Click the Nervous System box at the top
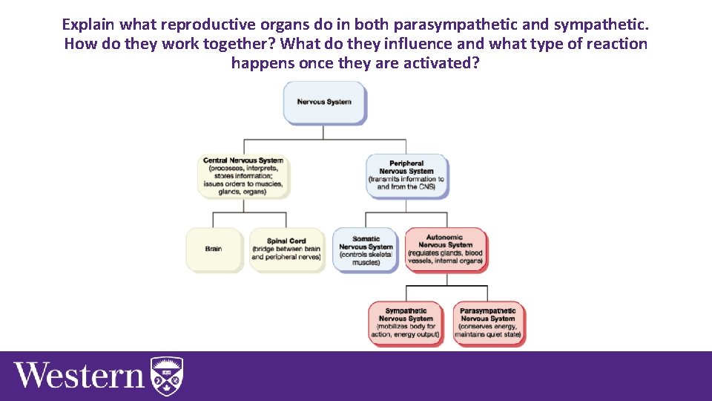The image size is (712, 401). point(324,102)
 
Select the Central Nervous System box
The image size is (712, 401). point(243,176)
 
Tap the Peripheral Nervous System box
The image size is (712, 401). point(406,175)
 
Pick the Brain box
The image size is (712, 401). point(214,249)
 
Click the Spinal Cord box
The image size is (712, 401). point(286,249)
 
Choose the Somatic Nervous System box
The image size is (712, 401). point(366,250)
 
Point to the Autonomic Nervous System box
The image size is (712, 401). point(445,250)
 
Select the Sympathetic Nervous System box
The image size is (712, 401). point(406,322)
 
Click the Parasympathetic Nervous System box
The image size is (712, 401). point(487,322)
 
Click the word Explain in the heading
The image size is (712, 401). point(88,25)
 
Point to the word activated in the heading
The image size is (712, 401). point(438,63)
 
